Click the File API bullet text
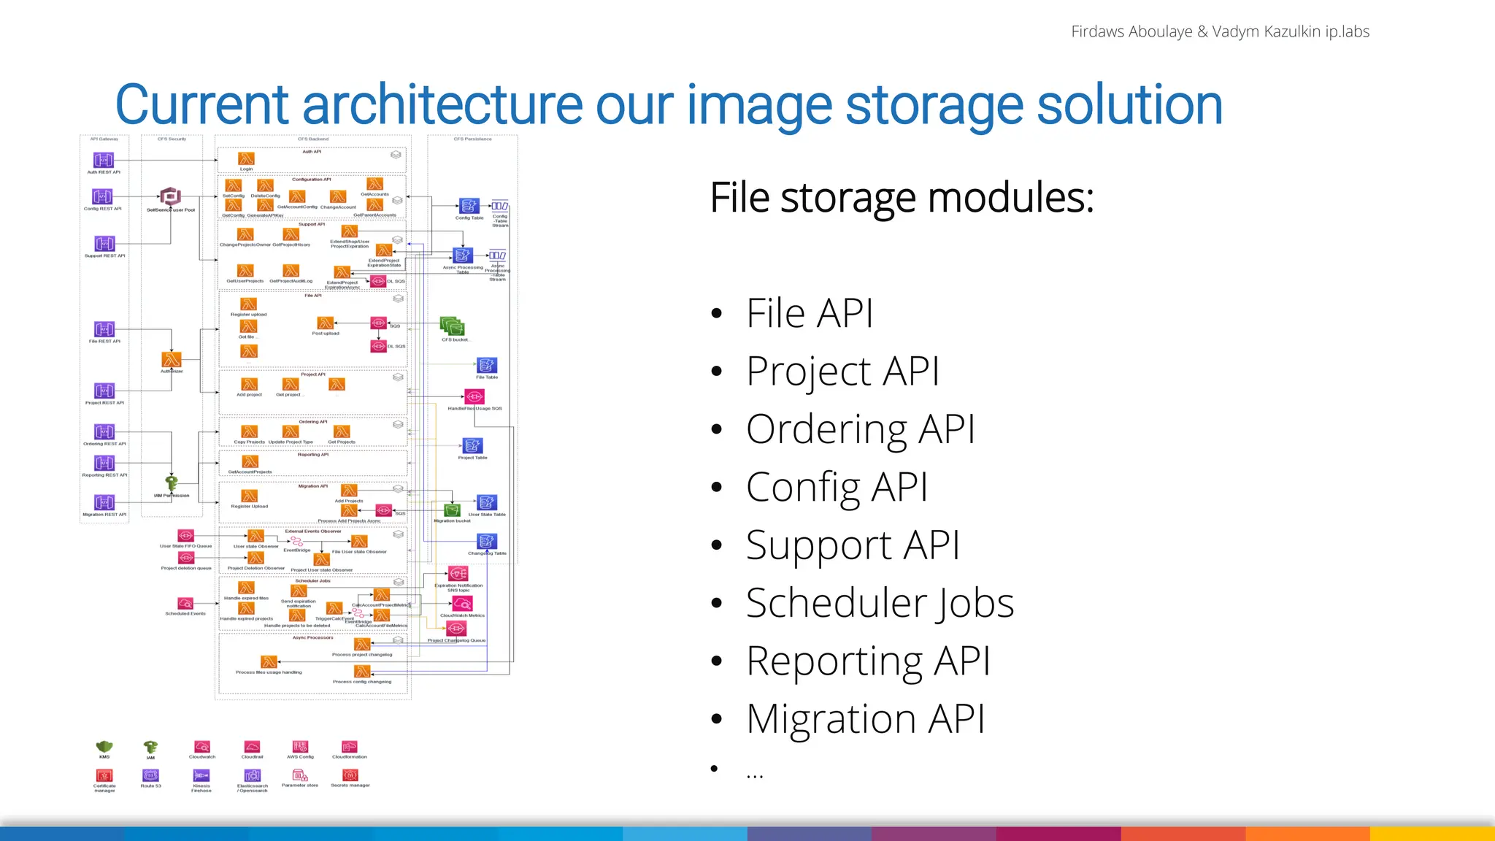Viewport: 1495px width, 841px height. click(x=809, y=314)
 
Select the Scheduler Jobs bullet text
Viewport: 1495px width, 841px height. click(x=880, y=603)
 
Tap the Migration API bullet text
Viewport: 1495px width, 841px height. click(x=865, y=719)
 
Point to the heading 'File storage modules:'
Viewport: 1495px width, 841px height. click(x=902, y=198)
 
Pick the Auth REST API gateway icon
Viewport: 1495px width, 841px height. click(x=104, y=160)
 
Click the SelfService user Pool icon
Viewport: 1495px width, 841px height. click(x=170, y=196)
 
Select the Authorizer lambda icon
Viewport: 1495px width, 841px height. click(x=172, y=360)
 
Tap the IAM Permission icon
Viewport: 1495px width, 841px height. click(x=172, y=483)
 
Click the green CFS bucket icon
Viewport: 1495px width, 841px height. click(x=453, y=327)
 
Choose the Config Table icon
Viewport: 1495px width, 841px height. click(x=469, y=206)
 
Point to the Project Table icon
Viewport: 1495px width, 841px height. click(x=472, y=445)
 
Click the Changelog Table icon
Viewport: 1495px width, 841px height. click(x=487, y=541)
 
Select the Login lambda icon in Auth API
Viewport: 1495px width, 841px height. click(x=246, y=158)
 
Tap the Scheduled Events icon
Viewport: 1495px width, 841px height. click(x=185, y=604)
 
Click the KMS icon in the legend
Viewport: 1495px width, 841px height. click(x=104, y=747)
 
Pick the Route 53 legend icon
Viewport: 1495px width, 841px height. click(x=150, y=775)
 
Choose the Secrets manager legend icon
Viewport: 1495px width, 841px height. click(x=350, y=775)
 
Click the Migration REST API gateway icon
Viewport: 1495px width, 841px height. click(x=104, y=502)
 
